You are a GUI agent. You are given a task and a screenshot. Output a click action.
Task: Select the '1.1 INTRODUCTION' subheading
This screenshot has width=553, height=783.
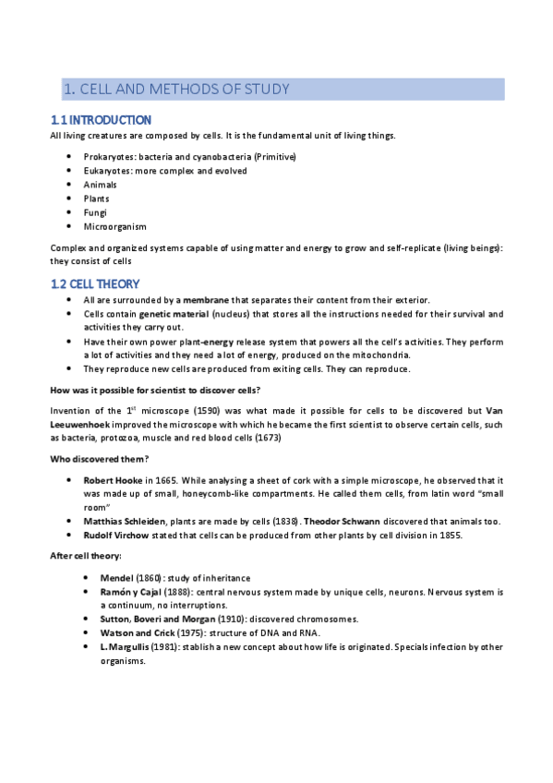click(x=100, y=120)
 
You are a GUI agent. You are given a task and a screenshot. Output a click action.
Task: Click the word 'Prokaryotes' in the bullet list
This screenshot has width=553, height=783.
click(x=110, y=157)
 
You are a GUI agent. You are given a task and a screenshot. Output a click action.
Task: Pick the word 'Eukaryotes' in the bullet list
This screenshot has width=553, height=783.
click(x=108, y=171)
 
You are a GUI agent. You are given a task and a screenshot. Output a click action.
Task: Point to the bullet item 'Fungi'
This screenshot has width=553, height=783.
click(x=95, y=212)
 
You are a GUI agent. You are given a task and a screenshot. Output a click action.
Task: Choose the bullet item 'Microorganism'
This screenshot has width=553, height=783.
click(x=114, y=226)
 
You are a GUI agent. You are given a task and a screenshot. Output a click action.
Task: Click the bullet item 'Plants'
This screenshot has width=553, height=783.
click(x=96, y=199)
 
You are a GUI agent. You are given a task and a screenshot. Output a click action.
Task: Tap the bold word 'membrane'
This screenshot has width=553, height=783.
click(x=207, y=300)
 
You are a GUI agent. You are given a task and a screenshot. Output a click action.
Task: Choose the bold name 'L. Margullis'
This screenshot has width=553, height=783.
click(x=126, y=646)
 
